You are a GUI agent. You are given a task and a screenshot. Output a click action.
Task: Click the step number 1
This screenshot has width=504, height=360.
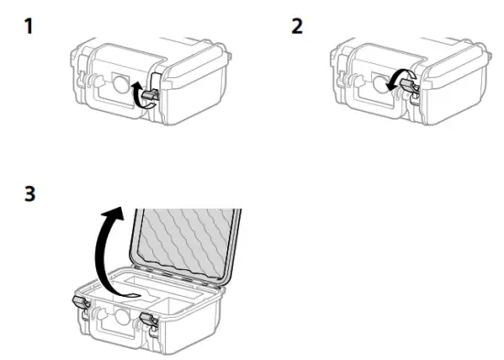[29, 26]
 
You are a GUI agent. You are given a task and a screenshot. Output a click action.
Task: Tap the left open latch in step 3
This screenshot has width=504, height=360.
[81, 307]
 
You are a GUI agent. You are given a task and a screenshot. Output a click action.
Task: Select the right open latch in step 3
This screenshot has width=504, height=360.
[147, 321]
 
